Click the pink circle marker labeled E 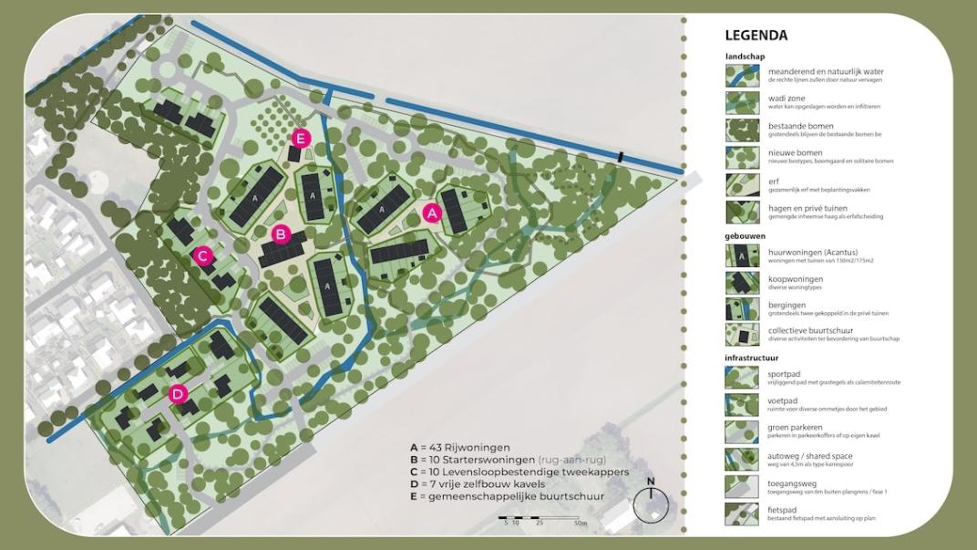[x=301, y=139]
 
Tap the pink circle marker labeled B [x=281, y=234]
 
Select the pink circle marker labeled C [x=204, y=256]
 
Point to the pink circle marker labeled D [x=179, y=394]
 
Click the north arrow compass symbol [x=651, y=503]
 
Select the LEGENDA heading [x=756, y=36]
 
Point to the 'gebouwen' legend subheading [x=745, y=235]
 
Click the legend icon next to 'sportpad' [x=742, y=378]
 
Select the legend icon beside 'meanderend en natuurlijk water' [x=742, y=75]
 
